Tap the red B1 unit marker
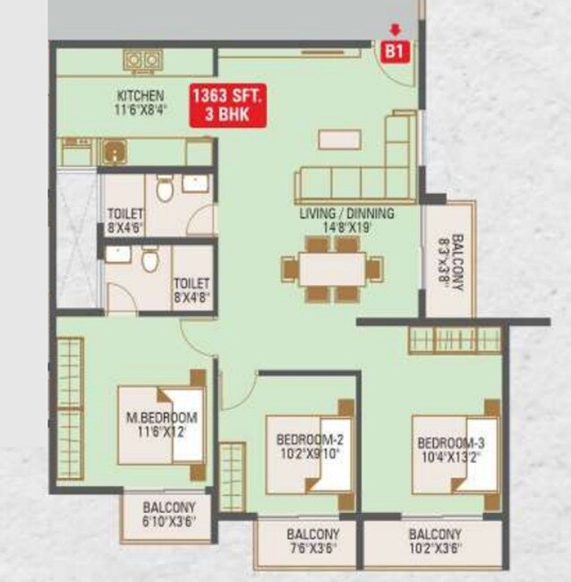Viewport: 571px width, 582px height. tap(395, 51)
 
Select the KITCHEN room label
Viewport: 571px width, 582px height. tap(140, 96)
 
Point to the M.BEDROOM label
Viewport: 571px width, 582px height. tap(161, 418)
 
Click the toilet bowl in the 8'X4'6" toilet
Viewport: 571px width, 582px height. tap(164, 189)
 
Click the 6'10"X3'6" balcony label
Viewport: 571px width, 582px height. tap(167, 514)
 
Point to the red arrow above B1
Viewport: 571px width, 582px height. tap(394, 30)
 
